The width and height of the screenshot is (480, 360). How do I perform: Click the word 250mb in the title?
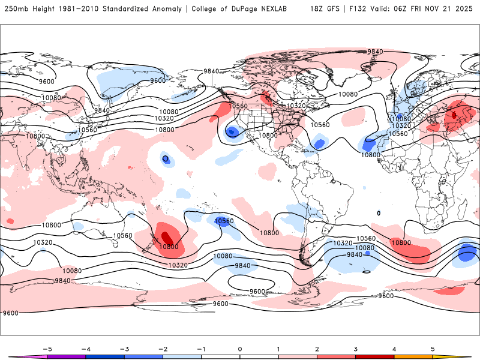click(15, 9)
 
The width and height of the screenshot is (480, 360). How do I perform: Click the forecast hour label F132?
click(358, 9)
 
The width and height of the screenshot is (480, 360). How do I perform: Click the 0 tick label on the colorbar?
click(240, 349)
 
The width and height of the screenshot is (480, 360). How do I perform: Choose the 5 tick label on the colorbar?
click(433, 349)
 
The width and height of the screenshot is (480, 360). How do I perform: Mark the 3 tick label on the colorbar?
click(355, 349)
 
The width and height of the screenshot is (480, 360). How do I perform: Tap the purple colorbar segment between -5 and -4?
click(67, 356)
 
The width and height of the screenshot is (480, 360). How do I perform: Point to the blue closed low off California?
click(232, 132)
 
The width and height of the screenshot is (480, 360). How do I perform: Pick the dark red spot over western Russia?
click(454, 113)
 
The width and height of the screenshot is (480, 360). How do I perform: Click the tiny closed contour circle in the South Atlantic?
click(379, 213)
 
